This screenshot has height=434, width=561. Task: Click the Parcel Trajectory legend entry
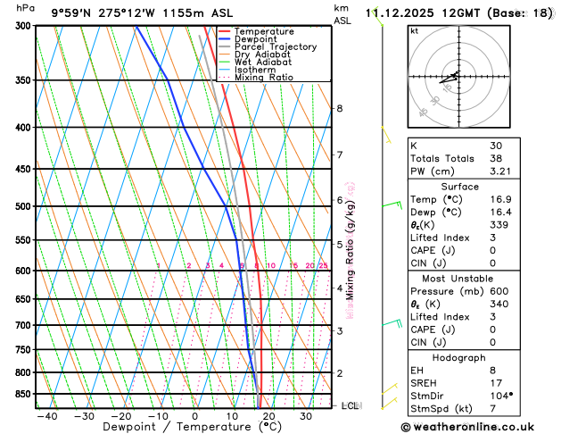tap(275, 46)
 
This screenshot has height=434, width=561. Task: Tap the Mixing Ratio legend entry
tap(264, 78)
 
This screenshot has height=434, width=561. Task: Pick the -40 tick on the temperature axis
tap(46, 416)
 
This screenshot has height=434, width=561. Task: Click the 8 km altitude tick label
tap(339, 108)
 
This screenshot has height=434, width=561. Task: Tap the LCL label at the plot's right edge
tap(351, 405)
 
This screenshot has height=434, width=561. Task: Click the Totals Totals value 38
tap(495, 158)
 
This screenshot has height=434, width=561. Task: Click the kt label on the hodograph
tap(414, 30)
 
